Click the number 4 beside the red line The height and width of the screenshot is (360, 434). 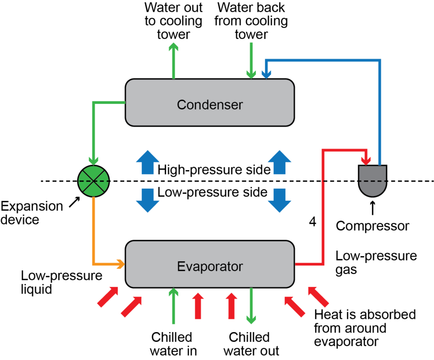312,222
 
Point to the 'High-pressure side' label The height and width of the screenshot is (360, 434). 214,170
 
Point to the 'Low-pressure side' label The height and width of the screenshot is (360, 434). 212,193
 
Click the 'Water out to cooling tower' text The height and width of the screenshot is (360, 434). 173,21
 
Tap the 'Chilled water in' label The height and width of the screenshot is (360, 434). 172,344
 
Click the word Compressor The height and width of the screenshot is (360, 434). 373,226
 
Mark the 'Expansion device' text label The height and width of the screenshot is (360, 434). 32,213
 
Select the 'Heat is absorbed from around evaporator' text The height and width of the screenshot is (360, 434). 365,328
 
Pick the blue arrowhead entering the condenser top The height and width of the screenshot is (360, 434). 266,75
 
